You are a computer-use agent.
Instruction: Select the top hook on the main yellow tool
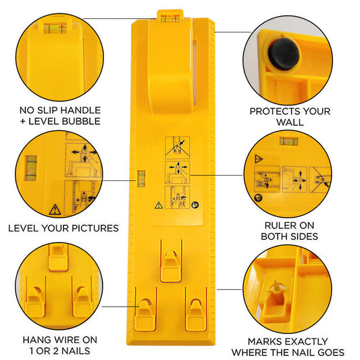(170, 261)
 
